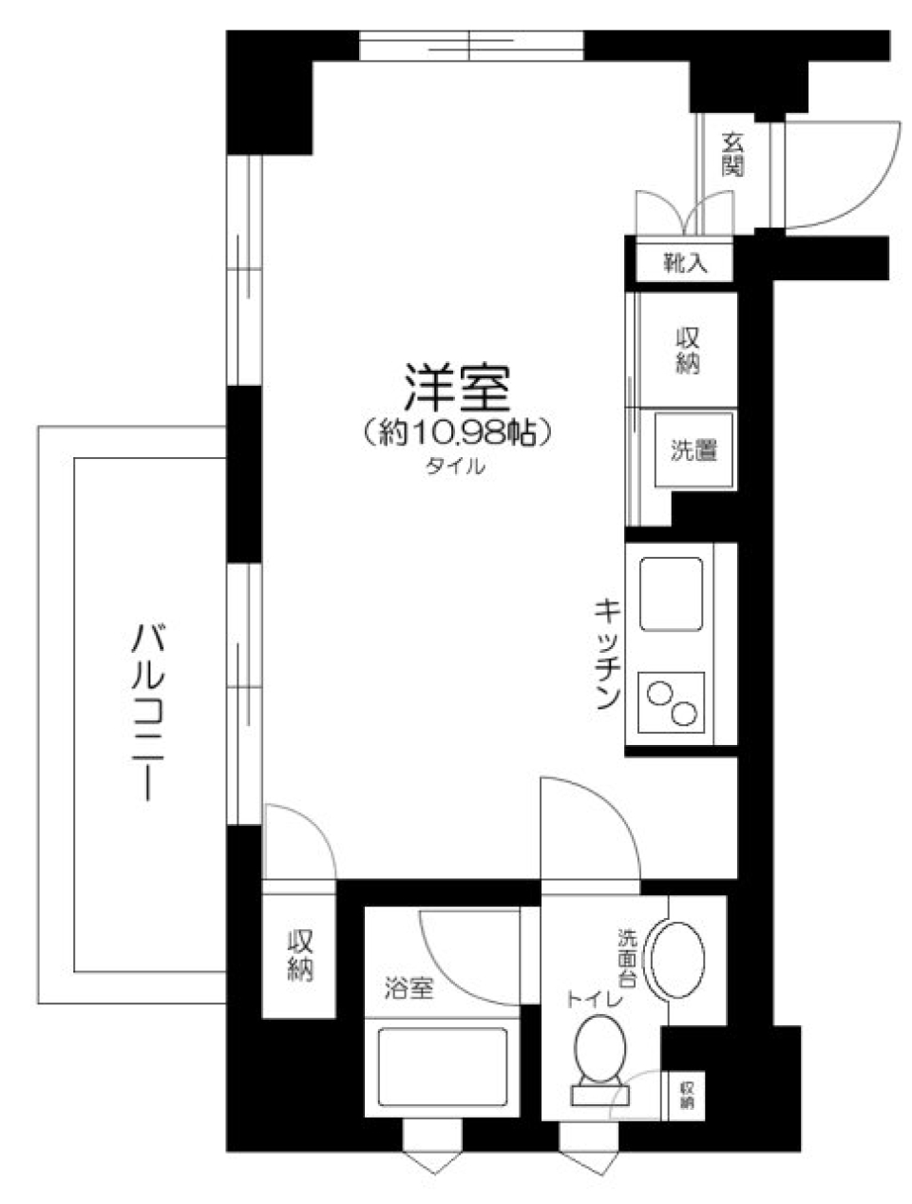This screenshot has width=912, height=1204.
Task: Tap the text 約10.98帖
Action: tap(458, 433)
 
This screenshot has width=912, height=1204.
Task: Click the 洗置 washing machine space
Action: tap(694, 451)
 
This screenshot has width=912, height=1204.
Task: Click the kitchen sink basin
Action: tap(672, 595)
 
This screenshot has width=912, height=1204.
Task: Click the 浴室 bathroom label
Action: tap(409, 988)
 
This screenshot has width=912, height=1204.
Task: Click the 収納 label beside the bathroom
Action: tap(300, 955)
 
